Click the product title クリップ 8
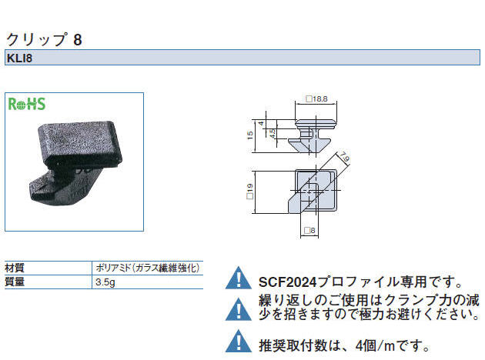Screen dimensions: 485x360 [x=44, y=39]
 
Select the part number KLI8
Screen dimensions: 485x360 [x=19, y=58]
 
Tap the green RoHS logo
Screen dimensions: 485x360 [x=27, y=104]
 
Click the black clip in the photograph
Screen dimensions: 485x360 [x=75, y=161]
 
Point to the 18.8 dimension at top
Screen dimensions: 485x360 [x=316, y=99]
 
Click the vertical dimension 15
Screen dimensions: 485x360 [x=250, y=135]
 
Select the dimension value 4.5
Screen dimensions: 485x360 [x=272, y=133]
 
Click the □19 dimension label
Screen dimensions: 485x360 [x=250, y=192]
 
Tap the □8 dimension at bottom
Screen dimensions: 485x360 [x=309, y=231]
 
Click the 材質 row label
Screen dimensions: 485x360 [x=15, y=268]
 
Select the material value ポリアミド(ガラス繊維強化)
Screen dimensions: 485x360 [x=148, y=268]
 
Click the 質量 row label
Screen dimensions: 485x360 [x=15, y=282]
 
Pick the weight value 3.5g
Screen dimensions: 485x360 [x=105, y=282]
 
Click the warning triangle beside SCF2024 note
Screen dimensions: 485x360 [x=239, y=278]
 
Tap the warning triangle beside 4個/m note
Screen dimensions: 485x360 [x=239, y=341]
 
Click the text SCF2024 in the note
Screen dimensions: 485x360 [x=288, y=282]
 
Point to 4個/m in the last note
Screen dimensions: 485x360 [x=375, y=345]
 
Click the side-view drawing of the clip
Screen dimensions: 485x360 [x=313, y=135]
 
